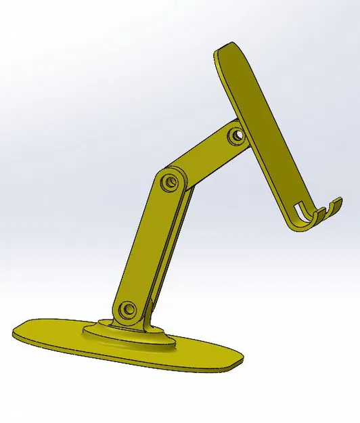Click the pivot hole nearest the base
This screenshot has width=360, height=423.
pyautogui.click(x=127, y=310)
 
